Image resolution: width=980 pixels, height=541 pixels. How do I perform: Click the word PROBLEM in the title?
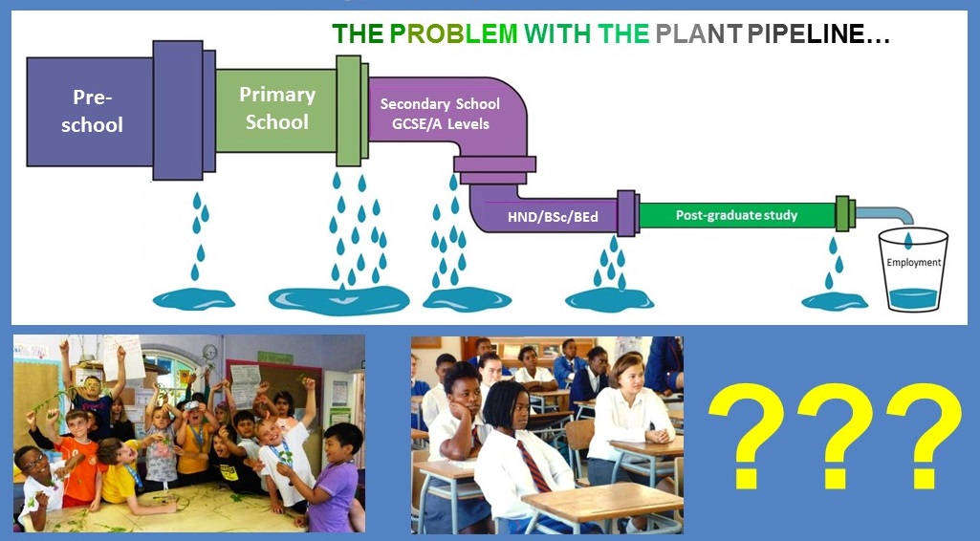[454, 33]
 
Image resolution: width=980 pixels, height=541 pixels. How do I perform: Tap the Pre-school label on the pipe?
[92, 111]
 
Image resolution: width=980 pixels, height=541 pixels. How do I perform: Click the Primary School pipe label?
[277, 107]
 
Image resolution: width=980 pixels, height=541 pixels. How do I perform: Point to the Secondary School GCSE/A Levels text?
[440, 114]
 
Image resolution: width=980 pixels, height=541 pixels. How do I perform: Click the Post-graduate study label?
[736, 215]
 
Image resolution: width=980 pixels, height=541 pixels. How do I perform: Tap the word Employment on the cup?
[913, 263]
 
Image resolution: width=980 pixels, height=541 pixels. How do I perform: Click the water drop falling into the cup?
[907, 240]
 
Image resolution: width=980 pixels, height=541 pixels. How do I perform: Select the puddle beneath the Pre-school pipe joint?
[194, 299]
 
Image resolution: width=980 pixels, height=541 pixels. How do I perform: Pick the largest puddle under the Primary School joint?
[338, 300]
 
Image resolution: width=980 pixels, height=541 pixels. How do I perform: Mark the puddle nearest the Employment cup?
[835, 301]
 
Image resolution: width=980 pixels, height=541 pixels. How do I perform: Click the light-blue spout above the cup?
[885, 214]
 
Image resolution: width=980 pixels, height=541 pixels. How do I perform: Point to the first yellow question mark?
[746, 436]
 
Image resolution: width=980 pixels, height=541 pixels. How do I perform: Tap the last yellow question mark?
[924, 436]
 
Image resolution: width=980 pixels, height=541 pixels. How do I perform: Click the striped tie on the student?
[534, 466]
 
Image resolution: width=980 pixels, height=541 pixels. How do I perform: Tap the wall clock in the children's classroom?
[209, 353]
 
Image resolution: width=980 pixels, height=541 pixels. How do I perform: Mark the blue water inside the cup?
[913, 298]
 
